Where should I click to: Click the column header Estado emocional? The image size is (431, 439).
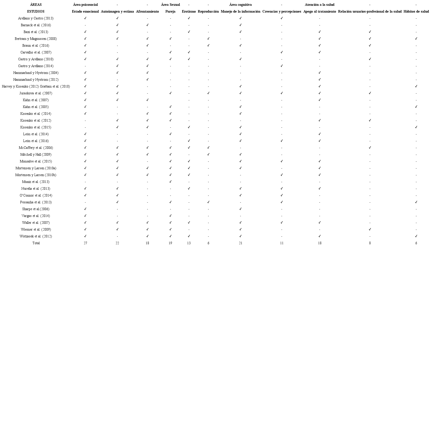tap(85, 12)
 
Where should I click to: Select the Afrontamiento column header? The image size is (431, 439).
tap(147, 12)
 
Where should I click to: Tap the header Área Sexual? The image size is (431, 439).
tap(170, 5)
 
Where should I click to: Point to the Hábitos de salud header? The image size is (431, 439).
tap(416, 12)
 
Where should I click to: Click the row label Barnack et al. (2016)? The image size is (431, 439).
tap(36, 25)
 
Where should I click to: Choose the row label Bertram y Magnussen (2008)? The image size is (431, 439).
tap(36, 39)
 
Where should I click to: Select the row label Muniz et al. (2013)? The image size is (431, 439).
tap(36, 182)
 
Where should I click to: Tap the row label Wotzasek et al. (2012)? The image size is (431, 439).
tap(36, 236)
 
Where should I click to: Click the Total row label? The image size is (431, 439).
tap(36, 243)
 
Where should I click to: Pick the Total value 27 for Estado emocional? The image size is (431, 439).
tap(85, 243)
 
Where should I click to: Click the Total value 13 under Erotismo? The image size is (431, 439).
tap(189, 243)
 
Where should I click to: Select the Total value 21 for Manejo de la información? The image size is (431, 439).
tap(240, 243)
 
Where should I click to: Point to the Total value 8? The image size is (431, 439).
tap(370, 243)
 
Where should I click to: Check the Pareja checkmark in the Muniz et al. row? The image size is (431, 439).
tap(170, 182)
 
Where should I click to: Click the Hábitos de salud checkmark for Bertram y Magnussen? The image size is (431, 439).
tap(416, 39)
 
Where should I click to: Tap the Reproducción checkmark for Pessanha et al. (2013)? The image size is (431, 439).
tap(208, 202)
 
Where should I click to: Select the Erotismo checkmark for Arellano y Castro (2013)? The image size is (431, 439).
tap(189, 18)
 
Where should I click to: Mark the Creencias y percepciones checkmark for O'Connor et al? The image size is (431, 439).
tap(282, 195)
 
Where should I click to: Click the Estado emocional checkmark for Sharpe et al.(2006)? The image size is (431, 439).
tap(85, 209)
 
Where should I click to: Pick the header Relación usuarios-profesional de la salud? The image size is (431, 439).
tap(370, 12)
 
